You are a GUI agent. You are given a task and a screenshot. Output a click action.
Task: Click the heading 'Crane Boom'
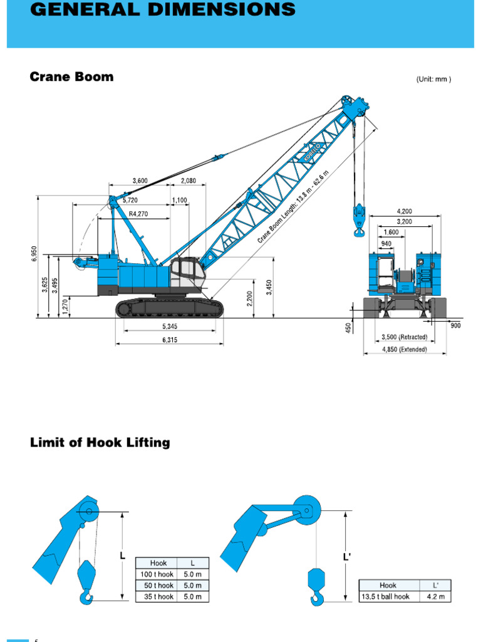point(72,77)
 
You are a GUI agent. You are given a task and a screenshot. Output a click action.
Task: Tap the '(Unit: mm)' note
point(433,79)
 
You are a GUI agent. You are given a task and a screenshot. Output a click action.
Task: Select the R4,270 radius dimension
point(138,214)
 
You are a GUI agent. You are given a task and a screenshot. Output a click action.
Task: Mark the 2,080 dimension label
point(189,181)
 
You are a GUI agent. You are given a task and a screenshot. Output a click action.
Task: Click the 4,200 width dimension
point(405,211)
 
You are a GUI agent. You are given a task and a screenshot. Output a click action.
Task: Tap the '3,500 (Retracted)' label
point(405,337)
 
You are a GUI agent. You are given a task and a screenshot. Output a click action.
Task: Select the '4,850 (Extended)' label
point(405,350)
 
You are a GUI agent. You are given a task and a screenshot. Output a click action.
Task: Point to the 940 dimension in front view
point(386,244)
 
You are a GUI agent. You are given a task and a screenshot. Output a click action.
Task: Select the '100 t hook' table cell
point(157,574)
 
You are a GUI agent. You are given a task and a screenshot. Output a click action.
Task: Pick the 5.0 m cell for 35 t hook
point(193,597)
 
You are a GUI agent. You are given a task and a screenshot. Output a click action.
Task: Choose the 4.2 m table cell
point(436,596)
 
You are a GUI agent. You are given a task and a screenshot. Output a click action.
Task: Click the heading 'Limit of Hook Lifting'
point(100,443)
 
